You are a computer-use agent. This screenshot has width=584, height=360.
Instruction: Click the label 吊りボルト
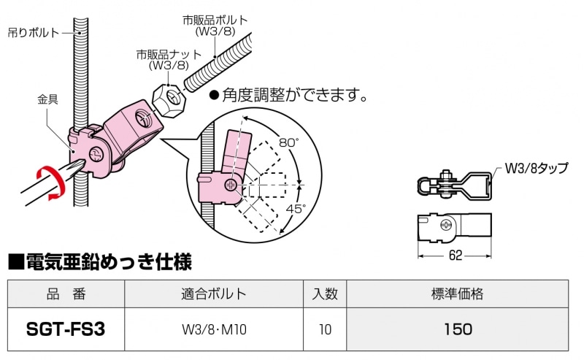coord(34,32)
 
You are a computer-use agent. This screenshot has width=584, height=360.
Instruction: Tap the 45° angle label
coord(296,209)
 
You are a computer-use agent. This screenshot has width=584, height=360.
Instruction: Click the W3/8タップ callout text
coord(536,169)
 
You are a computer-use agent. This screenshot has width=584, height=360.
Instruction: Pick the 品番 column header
coord(66,294)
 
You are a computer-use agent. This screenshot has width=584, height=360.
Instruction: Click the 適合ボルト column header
coord(214,294)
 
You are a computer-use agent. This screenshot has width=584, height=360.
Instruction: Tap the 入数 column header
coord(325,294)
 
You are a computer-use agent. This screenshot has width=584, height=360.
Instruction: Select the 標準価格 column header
coord(458,294)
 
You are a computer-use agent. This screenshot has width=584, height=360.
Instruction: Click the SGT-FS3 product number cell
coord(66,329)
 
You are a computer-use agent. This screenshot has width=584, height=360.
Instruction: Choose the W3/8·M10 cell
coord(214,329)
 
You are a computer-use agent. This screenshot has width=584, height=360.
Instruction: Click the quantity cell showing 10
coord(325,329)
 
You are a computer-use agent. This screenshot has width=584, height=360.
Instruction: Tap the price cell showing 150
coord(458,329)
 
